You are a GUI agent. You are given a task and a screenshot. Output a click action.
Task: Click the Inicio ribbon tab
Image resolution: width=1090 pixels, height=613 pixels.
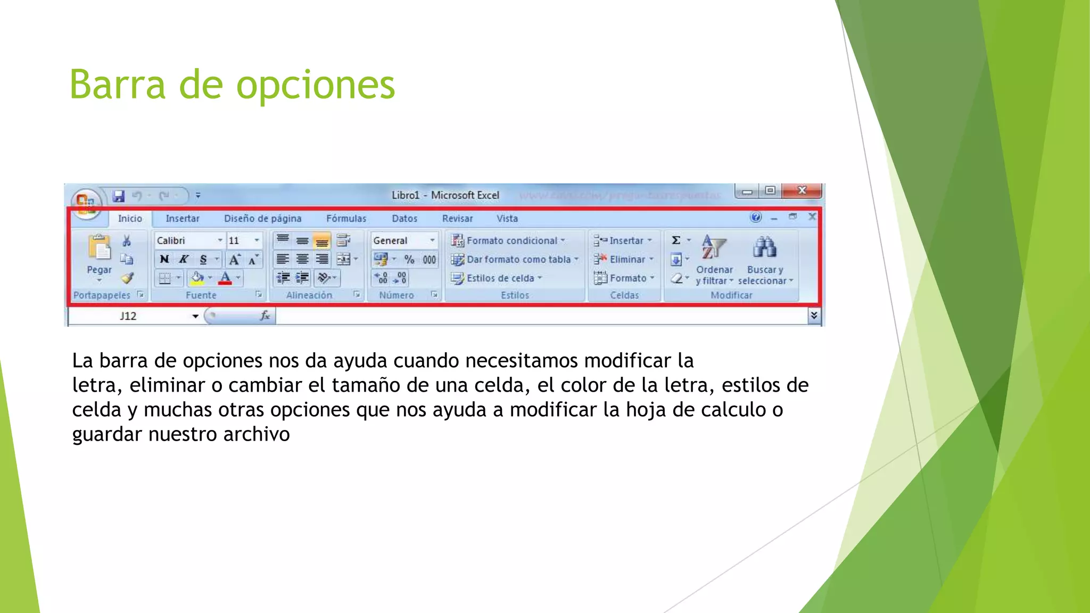pyautogui.click(x=130, y=219)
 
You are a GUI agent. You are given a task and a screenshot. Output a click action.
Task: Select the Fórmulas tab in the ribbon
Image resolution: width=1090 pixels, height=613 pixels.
pyautogui.click(x=346, y=219)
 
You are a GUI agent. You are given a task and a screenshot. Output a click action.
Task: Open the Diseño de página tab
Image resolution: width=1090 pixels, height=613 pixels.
pyautogui.click(x=262, y=219)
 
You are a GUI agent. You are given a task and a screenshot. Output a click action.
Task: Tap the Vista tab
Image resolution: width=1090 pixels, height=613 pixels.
pyautogui.click(x=507, y=219)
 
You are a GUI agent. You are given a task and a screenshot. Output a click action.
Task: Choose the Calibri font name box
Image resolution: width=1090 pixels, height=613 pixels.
pyautogui.click(x=186, y=241)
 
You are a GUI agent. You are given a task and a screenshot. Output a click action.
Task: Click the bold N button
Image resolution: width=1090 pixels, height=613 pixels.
pyautogui.click(x=164, y=259)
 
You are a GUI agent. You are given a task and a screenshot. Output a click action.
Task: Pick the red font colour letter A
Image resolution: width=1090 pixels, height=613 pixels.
pyautogui.click(x=225, y=278)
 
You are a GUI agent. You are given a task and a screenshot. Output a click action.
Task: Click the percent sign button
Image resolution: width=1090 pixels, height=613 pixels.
pyautogui.click(x=409, y=260)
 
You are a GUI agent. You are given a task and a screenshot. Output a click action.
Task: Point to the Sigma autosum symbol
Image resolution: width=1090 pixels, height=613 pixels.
pyautogui.click(x=676, y=241)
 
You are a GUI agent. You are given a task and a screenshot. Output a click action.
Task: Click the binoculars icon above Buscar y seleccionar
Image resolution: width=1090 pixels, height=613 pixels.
pyautogui.click(x=764, y=247)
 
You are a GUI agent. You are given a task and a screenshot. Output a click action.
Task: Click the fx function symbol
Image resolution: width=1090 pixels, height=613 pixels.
pyautogui.click(x=265, y=316)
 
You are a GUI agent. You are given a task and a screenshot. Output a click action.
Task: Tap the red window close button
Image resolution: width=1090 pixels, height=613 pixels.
pyautogui.click(x=802, y=190)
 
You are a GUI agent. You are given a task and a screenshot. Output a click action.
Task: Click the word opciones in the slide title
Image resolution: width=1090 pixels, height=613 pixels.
pyautogui.click(x=315, y=85)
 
